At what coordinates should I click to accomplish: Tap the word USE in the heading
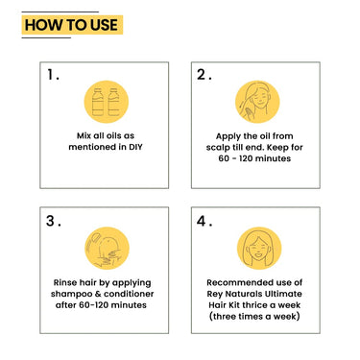104,25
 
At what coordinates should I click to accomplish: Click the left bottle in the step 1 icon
98,102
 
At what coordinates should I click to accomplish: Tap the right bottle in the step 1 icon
113,102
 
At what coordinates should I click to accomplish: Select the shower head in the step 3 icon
95,239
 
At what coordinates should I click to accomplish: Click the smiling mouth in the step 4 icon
259,255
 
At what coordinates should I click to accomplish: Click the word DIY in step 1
135,147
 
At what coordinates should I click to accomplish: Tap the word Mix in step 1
84,135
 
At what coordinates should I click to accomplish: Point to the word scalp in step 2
218,148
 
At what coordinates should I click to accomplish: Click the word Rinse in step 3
65,282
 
